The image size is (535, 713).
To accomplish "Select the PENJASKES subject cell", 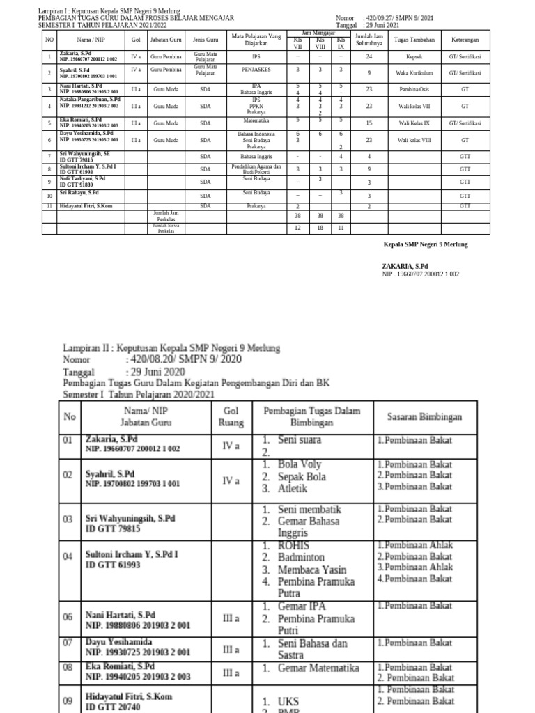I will click(256, 70).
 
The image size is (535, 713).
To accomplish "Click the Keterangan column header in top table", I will click(465, 40).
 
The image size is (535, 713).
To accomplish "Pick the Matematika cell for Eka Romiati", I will click(256, 119).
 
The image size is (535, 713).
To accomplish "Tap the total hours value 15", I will click(369, 123).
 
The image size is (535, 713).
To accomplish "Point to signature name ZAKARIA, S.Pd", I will click(405, 267).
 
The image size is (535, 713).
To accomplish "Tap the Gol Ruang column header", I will click(231, 416).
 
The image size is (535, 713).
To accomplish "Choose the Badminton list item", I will click(302, 557).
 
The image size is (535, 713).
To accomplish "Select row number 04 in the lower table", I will click(68, 556).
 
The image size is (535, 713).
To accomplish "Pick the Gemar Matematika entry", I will click(318, 668).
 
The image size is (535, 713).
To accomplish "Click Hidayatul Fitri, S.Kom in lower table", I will click(129, 696).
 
